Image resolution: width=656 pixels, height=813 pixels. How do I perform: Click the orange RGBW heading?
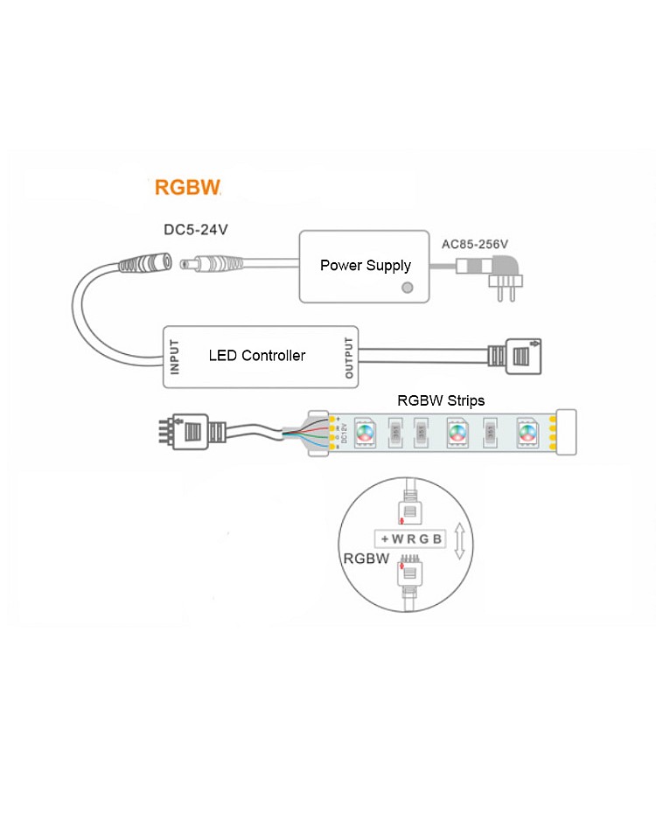point(187,186)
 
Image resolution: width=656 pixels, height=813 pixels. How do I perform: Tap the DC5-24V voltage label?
point(196,231)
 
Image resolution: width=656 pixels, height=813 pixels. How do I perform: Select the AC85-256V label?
point(472,245)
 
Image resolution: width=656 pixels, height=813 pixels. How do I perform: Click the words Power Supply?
point(365,265)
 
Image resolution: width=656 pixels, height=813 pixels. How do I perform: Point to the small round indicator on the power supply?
point(405,287)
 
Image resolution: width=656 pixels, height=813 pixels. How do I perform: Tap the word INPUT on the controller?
point(175,357)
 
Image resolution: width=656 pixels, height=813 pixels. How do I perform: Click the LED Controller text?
point(257,356)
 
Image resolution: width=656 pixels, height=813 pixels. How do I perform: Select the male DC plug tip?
point(187,261)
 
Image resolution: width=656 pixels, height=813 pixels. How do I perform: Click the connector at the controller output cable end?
point(517,356)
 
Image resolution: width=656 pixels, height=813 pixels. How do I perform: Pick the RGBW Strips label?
point(441,400)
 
